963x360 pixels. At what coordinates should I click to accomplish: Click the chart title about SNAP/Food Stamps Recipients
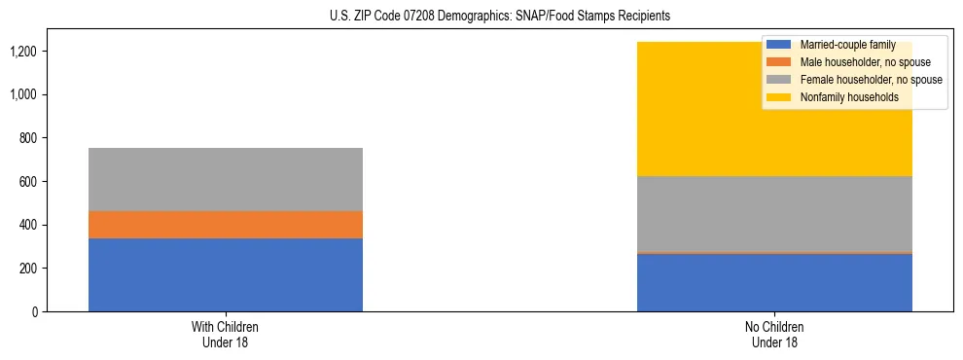coord(481,17)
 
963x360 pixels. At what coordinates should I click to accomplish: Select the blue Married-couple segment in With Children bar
coord(226,274)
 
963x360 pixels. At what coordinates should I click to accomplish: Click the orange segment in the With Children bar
coord(226,225)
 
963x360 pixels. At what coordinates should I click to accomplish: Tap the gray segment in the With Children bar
coord(226,179)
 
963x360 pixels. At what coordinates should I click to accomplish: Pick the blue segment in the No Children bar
coord(774,282)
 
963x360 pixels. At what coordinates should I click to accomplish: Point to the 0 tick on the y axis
coord(33,311)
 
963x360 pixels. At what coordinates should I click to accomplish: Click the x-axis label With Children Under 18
coord(226,334)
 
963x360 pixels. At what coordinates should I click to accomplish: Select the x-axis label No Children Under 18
coord(774,334)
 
